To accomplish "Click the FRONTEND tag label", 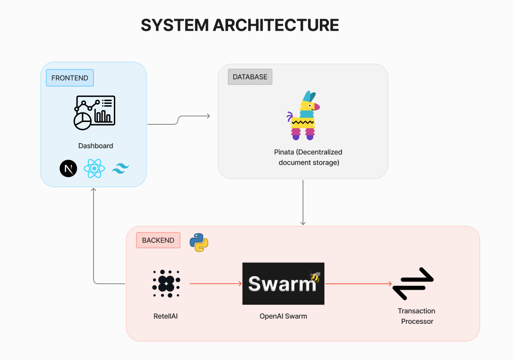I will click(x=70, y=78).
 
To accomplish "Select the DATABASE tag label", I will click(x=250, y=77).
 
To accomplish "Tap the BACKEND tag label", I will click(x=158, y=240).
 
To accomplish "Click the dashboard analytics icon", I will click(x=94, y=112).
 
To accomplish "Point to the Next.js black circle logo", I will click(x=69, y=169).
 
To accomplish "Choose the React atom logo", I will click(x=94, y=169).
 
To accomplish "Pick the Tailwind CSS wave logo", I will click(x=121, y=169).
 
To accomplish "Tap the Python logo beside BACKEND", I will click(x=199, y=242).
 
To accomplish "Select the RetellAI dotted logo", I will click(x=166, y=283).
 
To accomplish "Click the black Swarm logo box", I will click(x=283, y=284).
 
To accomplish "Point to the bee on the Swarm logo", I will click(x=315, y=277).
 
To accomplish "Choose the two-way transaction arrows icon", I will click(x=413, y=284).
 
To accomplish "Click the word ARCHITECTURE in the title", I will click(x=276, y=25).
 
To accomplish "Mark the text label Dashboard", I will click(x=96, y=146).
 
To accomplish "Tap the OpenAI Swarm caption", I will click(x=283, y=316).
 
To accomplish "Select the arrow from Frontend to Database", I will click(x=179, y=120).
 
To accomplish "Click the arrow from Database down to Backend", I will click(x=303, y=202).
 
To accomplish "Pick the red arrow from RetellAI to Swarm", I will click(x=215, y=284).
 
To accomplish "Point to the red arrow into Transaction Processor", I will click(x=358, y=284).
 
